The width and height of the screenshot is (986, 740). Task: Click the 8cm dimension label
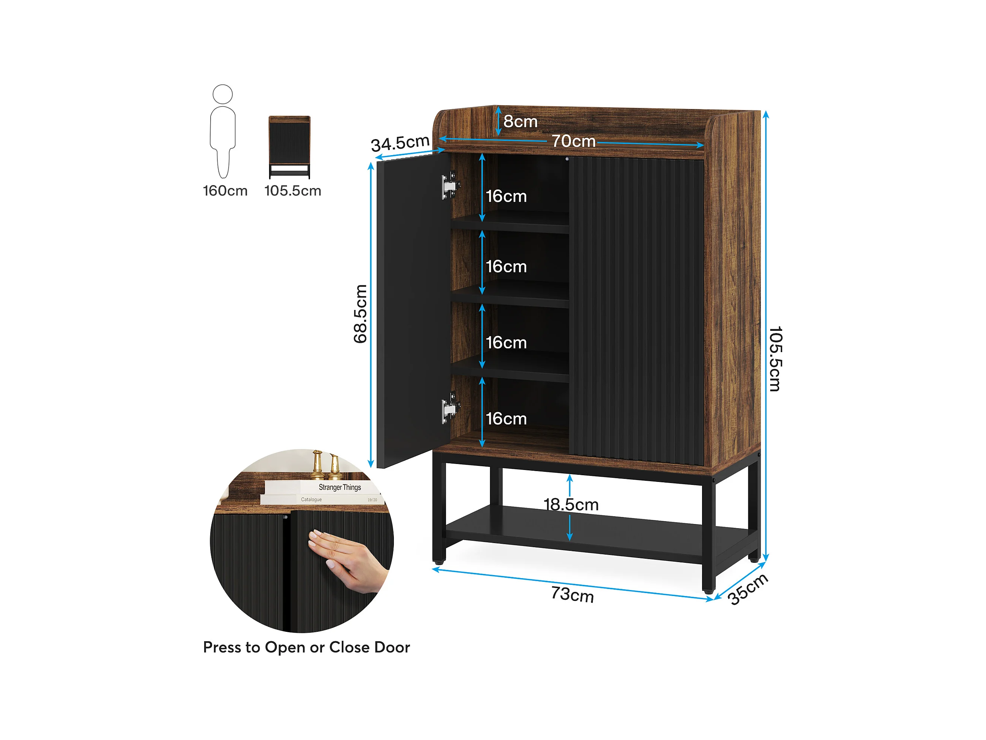tap(520, 122)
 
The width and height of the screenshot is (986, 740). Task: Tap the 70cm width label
tap(574, 141)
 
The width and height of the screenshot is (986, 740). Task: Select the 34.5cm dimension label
tap(400, 144)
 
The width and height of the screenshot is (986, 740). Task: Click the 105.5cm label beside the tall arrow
tap(775, 359)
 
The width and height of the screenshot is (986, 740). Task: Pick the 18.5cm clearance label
tap(571, 505)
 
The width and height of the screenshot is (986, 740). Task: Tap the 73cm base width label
tap(572, 595)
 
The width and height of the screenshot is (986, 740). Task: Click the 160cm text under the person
tap(225, 191)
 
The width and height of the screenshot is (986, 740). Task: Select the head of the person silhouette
tap(222, 94)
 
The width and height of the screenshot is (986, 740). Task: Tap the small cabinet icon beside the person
tap(289, 147)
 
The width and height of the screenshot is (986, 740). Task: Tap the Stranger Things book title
tap(340, 487)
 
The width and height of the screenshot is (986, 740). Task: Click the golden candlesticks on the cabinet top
tap(326, 465)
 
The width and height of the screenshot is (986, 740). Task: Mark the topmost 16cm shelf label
tap(506, 196)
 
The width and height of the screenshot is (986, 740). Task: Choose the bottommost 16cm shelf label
tap(506, 419)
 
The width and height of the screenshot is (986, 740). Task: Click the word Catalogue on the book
tap(311, 499)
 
